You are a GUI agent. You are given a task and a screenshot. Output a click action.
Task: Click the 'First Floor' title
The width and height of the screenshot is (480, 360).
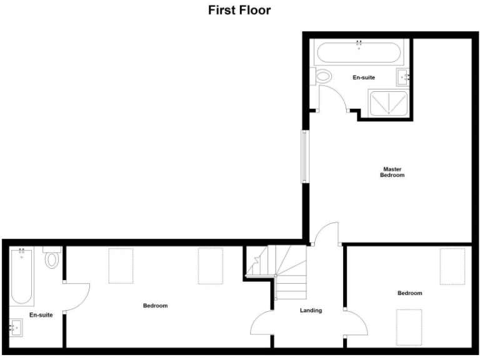tap(239, 11)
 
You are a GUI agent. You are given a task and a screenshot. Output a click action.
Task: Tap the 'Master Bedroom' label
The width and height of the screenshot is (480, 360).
tap(392, 172)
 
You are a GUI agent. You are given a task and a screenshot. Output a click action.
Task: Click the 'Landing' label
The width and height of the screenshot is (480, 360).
tap(311, 311)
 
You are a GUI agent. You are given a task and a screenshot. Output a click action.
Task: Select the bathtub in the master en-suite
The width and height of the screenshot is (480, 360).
tap(359, 52)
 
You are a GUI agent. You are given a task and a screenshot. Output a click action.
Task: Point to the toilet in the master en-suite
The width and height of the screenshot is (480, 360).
tap(324, 78)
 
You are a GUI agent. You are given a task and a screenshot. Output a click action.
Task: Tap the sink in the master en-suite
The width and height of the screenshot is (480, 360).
tap(403, 77)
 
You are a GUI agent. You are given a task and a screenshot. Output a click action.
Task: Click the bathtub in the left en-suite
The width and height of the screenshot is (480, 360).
tap(21, 275)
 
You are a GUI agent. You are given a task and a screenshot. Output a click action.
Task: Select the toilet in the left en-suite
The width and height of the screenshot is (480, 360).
tap(52, 259)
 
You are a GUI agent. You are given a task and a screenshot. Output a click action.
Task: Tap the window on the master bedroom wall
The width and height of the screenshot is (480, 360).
tap(305, 156)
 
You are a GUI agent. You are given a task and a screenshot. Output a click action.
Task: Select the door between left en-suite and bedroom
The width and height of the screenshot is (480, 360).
tap(76, 297)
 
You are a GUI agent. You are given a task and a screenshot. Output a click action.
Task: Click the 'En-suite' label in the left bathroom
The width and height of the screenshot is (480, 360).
tap(41, 315)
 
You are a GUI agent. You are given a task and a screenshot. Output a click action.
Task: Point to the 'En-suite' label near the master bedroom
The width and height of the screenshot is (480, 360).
tap(364, 77)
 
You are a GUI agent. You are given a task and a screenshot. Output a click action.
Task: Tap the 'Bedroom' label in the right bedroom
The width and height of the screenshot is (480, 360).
tap(410, 293)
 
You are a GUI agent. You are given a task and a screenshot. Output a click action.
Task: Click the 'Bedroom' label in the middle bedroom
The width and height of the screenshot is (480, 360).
tap(155, 306)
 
